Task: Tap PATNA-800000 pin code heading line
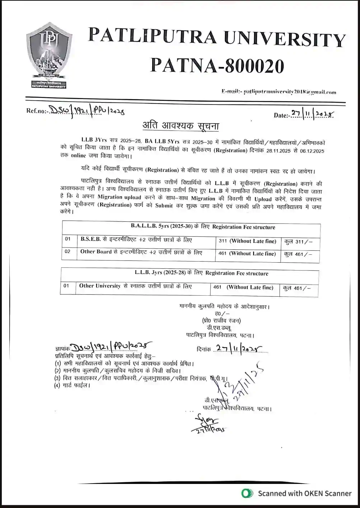217,66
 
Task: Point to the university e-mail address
279,92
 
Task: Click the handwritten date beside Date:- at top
312,114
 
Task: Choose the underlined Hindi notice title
181,126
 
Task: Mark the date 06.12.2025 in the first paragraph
312,151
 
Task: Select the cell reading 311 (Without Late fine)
247,241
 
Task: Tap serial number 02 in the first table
68,251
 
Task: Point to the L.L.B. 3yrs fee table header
201,273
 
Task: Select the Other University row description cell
135,286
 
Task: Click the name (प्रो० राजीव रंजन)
221,320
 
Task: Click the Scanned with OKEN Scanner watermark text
304,493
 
